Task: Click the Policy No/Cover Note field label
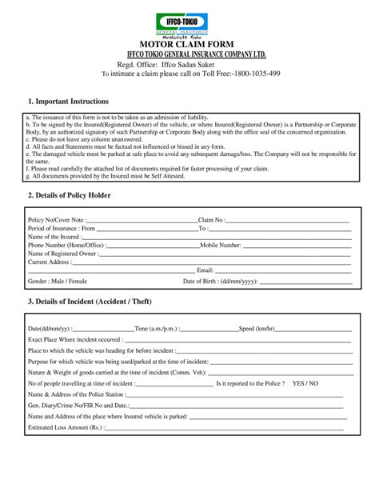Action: [55, 219]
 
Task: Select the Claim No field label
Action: [211, 219]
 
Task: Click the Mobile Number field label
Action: [221, 245]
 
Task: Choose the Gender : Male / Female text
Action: [58, 282]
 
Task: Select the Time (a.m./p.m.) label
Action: [158, 329]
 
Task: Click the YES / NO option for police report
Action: [305, 383]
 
